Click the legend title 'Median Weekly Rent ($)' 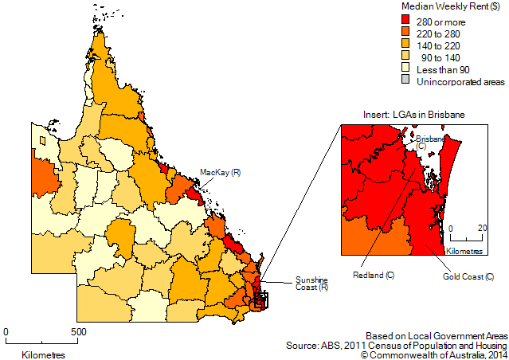coord(444,7)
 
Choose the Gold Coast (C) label coord(468,276)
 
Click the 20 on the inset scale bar coord(481,228)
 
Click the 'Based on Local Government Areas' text coord(435,335)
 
